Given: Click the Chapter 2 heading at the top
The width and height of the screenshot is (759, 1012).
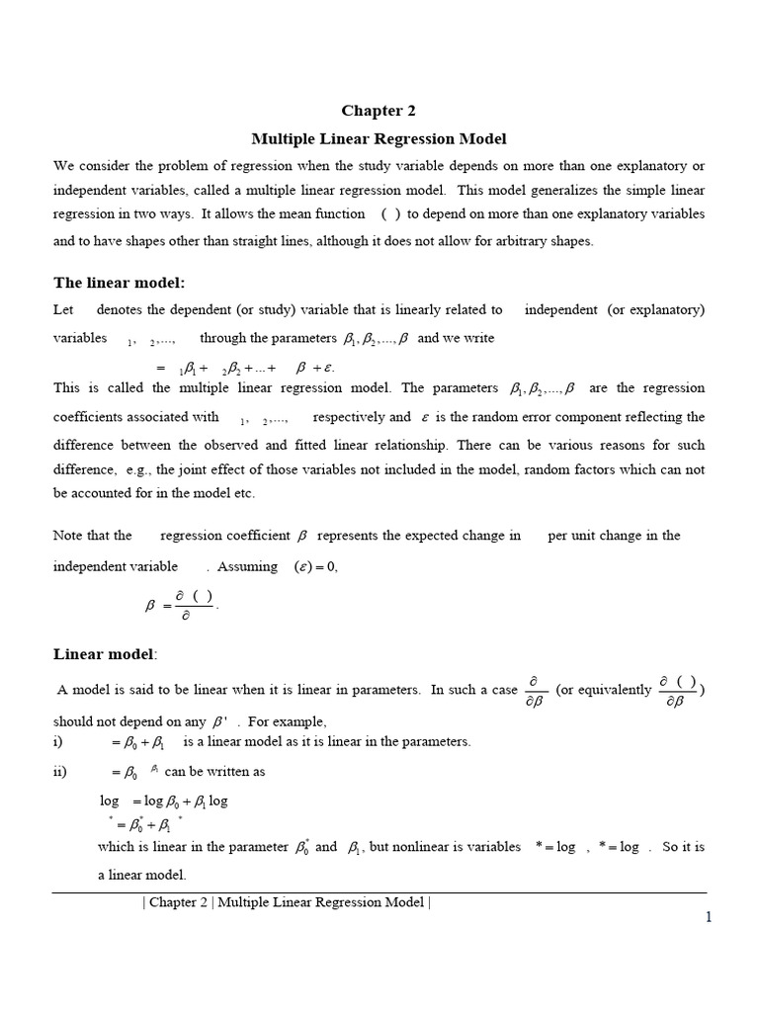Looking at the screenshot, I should coord(373,111).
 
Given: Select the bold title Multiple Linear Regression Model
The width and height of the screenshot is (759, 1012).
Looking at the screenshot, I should coord(379,139).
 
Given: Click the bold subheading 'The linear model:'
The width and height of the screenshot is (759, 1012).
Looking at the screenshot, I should coord(119,283).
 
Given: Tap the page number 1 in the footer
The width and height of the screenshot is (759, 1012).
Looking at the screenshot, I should coord(708,917).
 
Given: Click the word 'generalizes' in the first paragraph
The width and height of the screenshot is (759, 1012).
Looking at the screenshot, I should coord(573,189).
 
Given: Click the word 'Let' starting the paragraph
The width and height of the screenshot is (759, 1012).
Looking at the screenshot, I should coord(63,309).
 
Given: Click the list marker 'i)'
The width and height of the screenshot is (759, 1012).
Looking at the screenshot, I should coord(58,741).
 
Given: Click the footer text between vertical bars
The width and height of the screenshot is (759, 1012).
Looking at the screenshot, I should coord(287,901).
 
